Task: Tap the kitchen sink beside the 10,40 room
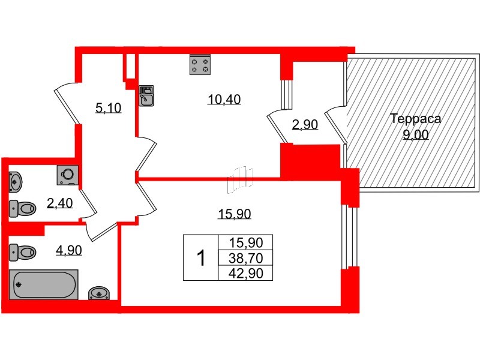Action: (x=146, y=95)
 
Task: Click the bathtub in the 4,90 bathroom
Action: (x=44, y=283)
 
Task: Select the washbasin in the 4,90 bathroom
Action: (x=98, y=293)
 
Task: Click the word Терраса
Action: (x=415, y=119)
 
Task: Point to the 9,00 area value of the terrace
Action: (x=415, y=135)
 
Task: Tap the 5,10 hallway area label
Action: (x=108, y=108)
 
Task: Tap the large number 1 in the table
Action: (x=201, y=258)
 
